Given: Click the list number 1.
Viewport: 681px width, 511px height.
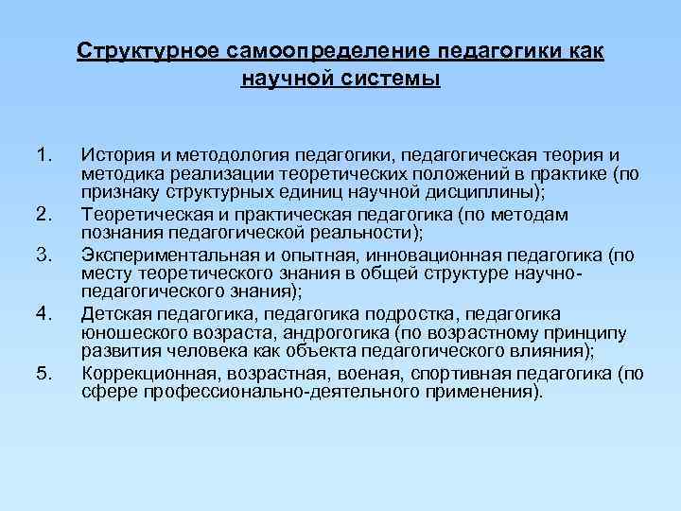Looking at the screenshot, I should tap(43, 152).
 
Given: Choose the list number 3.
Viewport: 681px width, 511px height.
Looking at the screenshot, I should tap(43, 255).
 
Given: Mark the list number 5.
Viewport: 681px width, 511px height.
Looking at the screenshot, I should tap(43, 374).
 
